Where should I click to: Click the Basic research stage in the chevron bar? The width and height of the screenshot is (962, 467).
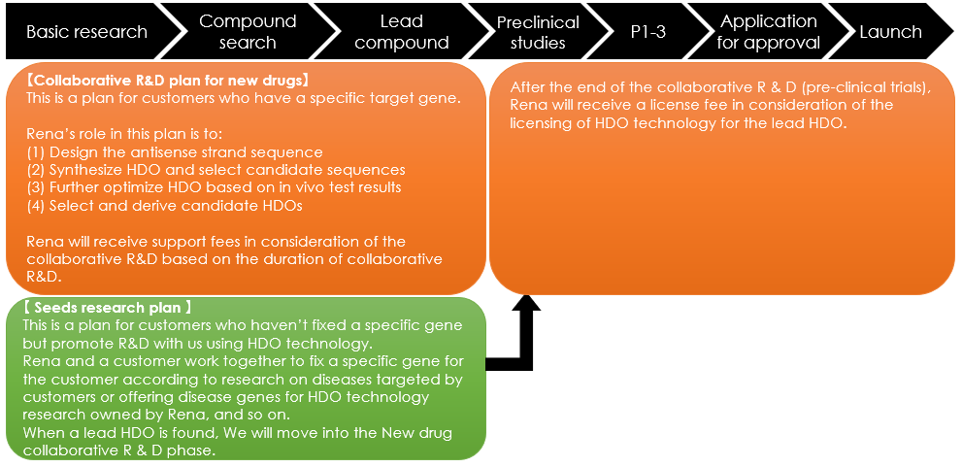click(86, 32)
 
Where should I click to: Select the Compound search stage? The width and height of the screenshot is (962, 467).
click(248, 32)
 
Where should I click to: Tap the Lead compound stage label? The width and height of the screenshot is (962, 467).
click(402, 32)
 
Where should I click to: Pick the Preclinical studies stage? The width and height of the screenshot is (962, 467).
click(538, 32)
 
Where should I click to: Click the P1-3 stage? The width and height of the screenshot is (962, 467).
click(647, 32)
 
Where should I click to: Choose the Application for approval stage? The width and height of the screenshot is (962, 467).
click(768, 32)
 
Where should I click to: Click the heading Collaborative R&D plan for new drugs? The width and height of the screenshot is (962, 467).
click(168, 81)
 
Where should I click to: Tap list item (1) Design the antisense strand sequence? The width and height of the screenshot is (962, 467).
click(175, 151)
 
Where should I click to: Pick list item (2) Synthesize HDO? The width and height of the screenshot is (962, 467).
click(216, 169)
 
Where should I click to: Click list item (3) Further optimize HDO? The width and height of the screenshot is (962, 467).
click(215, 187)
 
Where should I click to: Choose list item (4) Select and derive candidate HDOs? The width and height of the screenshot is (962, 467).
click(165, 206)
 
